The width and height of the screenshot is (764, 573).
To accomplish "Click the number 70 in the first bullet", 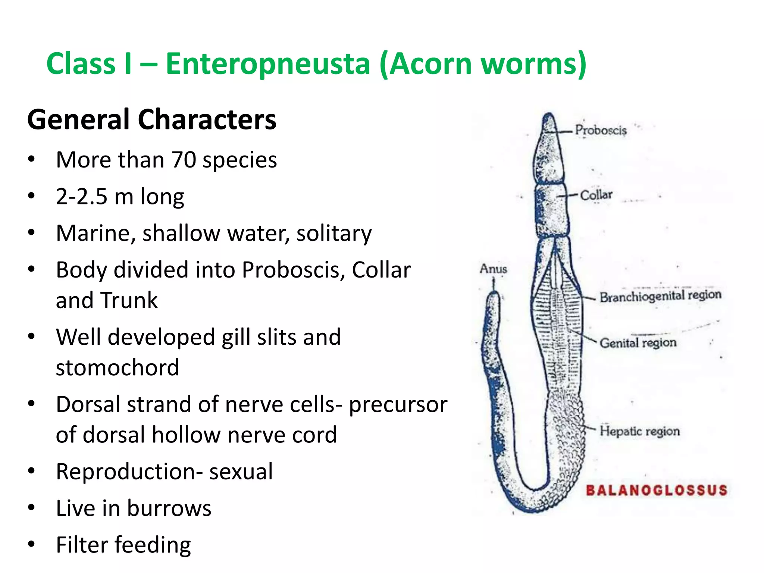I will point(184,160).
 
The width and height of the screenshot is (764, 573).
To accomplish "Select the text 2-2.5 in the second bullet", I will point(81,196).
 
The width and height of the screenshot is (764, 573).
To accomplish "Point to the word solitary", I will point(334,233).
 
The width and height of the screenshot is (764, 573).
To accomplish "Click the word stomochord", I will point(118,367).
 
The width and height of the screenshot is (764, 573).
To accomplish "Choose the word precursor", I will point(398,404).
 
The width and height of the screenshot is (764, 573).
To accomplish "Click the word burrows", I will point(169,508).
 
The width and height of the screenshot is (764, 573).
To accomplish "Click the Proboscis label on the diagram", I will point(601,130).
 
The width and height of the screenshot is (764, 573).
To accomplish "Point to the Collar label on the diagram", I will point(596,195).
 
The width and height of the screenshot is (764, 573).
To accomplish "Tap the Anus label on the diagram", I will point(493,269).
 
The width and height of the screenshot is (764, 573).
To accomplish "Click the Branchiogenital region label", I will point(660,296).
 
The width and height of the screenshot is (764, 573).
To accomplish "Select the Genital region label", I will point(638,342).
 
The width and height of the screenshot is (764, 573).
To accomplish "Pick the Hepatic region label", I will point(639,431).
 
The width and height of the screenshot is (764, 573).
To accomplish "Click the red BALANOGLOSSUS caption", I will point(657,490).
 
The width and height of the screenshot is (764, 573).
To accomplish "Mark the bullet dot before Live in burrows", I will point(31,508).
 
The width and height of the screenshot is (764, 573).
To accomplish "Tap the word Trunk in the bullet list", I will point(129,300).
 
